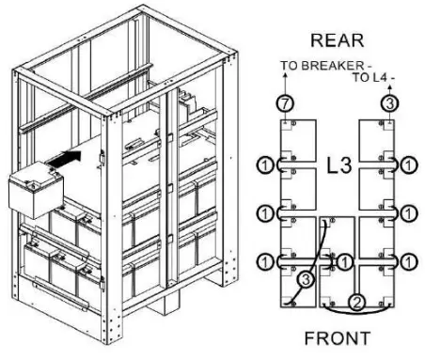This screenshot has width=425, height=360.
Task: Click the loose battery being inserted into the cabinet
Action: (x=33, y=193)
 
